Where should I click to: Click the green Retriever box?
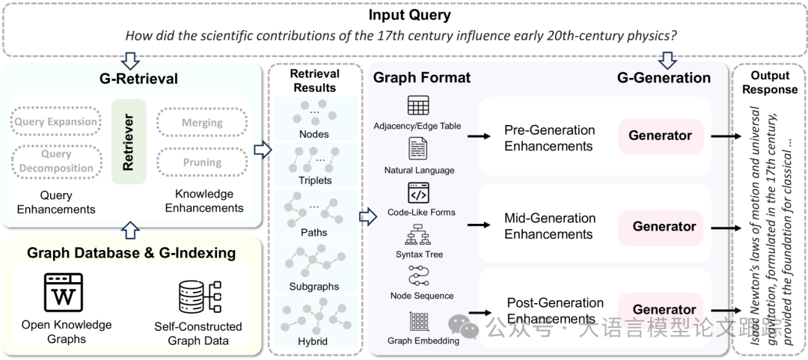(128, 141)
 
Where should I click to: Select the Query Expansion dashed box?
(56, 122)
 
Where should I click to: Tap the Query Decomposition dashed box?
(56, 161)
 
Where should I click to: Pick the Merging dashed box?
(202, 122)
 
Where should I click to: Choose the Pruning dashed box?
(202, 162)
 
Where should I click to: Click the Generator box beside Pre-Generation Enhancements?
(660, 136)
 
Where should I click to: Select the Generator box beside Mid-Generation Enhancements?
(664, 226)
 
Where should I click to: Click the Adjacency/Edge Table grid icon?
(418, 106)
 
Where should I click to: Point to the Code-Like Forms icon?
(418, 192)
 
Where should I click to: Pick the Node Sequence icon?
(418, 277)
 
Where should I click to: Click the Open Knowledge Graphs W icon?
(64, 293)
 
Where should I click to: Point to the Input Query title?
(410, 16)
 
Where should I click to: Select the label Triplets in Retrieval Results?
(314, 180)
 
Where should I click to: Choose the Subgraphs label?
(314, 286)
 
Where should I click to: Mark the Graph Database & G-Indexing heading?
(131, 253)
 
